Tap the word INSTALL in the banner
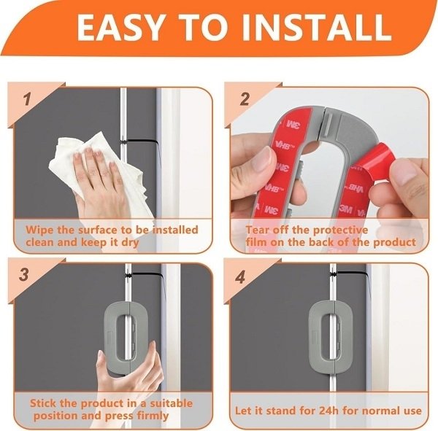[317, 28]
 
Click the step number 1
[27, 99]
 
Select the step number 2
[245, 99]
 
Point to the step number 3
[24, 274]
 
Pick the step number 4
[240, 277]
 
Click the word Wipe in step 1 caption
[39, 230]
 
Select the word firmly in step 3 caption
[153, 416]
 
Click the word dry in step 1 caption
[130, 242]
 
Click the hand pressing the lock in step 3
[128, 368]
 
